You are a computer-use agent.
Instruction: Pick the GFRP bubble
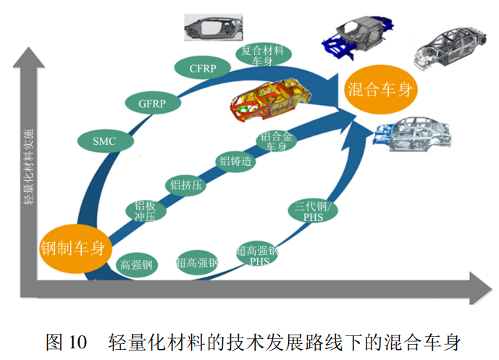point(152,104)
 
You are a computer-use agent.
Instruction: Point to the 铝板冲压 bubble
point(146,211)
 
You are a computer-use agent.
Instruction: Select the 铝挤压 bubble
point(185,185)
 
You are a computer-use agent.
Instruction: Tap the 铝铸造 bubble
point(236,161)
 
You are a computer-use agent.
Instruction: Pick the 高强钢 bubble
point(137,265)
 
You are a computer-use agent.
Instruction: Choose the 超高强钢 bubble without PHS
point(197,262)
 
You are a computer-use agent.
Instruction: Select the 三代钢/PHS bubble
point(312,212)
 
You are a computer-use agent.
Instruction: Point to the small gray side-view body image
point(211,27)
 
